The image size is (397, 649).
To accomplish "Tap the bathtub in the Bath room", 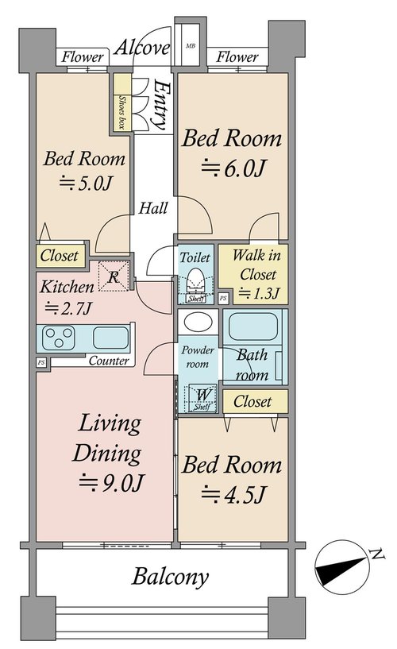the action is click(x=252, y=326).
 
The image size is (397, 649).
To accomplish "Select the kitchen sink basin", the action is click(x=111, y=338).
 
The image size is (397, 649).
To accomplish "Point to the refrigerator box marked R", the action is click(x=114, y=276).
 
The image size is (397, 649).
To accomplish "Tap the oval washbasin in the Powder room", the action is click(x=198, y=321).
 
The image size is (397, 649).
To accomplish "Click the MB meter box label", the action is click(x=191, y=46).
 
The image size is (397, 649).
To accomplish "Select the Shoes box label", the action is click(x=122, y=112).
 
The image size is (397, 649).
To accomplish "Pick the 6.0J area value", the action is click(x=233, y=168).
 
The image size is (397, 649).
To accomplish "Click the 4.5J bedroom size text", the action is click(x=233, y=493).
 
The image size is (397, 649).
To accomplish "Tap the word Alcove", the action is click(x=142, y=48).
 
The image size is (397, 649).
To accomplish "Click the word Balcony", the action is click(x=171, y=577).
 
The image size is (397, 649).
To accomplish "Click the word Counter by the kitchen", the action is click(x=109, y=361).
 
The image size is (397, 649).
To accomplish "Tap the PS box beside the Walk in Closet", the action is click(x=223, y=297).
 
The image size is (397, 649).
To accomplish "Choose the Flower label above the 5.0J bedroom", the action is click(x=83, y=56).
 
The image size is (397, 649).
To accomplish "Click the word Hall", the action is click(x=153, y=208).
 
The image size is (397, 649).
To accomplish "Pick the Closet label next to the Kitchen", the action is click(x=59, y=255).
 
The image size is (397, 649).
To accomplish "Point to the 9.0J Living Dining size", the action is click(x=111, y=481).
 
